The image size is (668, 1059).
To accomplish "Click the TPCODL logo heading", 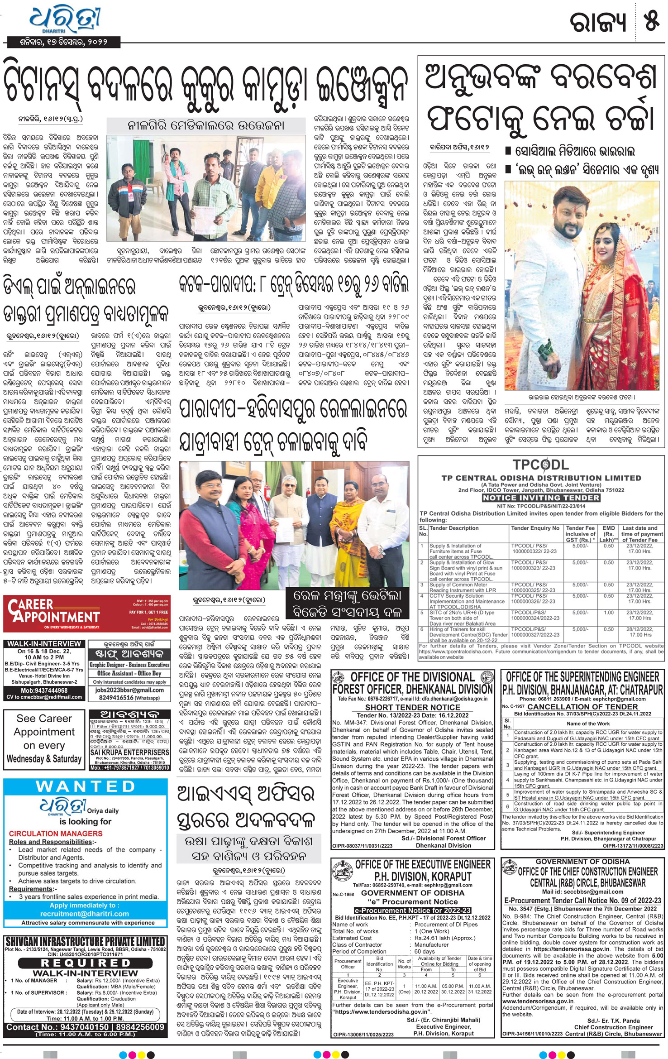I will (x=540, y=465).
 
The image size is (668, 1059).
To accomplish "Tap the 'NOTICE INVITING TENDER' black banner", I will (x=540, y=498).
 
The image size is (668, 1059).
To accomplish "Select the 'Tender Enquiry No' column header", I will (x=535, y=528).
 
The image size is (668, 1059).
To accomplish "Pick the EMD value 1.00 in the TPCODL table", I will (x=608, y=613).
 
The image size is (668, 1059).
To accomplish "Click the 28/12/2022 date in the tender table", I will (x=639, y=629).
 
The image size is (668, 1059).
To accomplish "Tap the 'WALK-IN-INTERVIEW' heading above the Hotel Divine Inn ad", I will (x=44, y=644).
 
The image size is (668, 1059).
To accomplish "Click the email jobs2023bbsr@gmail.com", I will (x=129, y=690).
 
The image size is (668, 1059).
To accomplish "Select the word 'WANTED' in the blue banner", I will (x=86, y=786).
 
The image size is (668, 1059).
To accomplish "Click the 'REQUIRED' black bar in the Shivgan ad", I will (x=86, y=963).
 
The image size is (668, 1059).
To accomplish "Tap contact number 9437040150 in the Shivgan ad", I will (x=74, y=1027).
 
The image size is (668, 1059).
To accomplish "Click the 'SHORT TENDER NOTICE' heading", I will (x=412, y=707).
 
